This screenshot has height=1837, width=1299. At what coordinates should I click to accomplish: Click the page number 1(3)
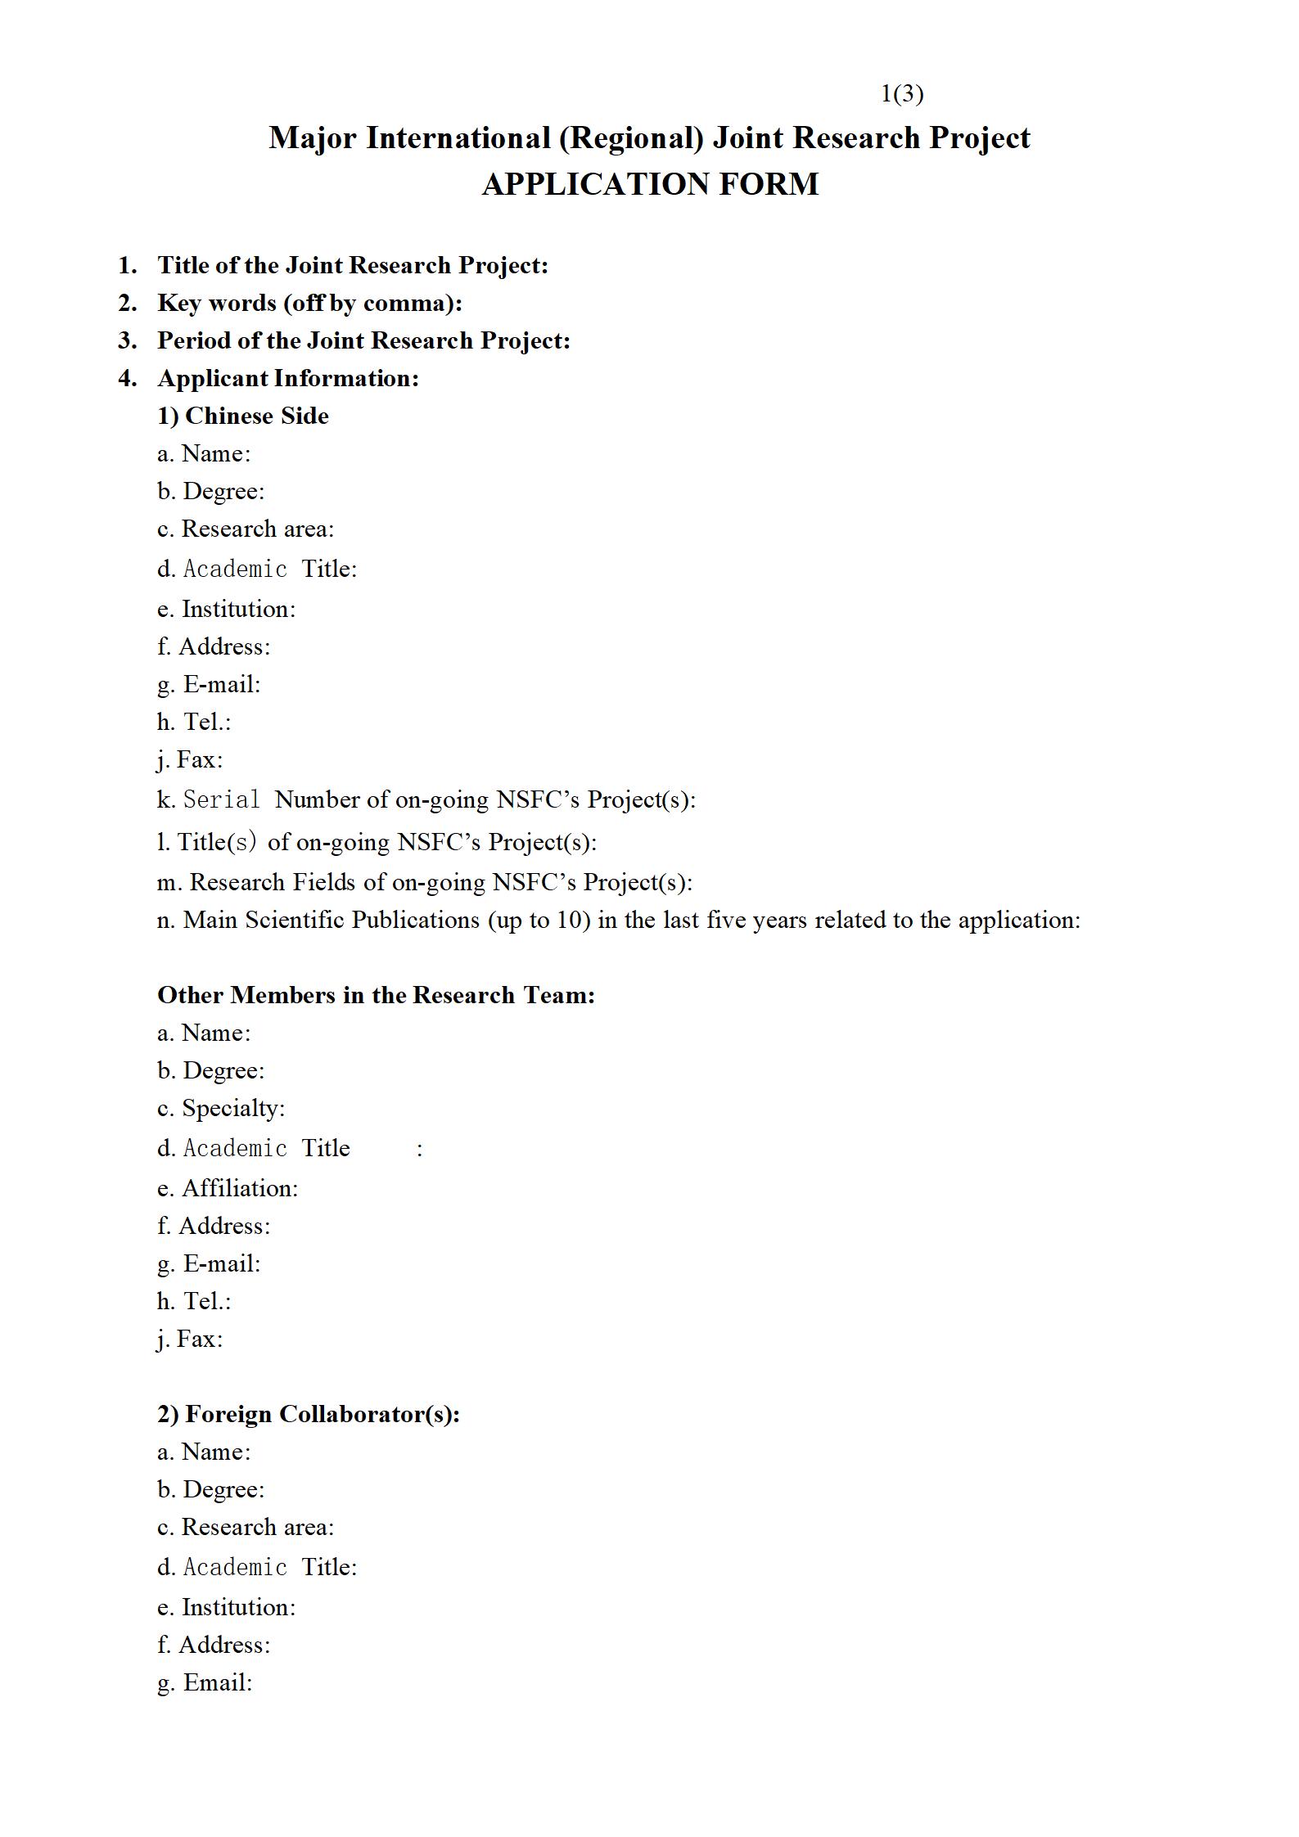[901, 94]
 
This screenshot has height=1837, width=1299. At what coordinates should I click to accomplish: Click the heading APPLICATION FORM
[650, 184]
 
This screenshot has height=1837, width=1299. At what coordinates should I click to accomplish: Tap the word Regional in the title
[631, 137]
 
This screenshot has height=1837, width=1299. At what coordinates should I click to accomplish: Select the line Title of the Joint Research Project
[352, 265]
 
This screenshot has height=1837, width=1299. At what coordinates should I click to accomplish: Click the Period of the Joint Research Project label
[363, 340]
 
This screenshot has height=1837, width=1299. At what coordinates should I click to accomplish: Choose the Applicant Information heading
[287, 378]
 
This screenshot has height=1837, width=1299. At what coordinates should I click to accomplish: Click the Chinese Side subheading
[243, 416]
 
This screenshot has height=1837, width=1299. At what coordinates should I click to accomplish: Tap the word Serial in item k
[221, 799]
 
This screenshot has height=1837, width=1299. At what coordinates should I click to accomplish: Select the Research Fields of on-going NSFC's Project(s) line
[425, 882]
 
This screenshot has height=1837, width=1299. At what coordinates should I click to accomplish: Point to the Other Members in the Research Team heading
[376, 995]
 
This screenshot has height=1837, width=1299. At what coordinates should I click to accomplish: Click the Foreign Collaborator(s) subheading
[309, 1414]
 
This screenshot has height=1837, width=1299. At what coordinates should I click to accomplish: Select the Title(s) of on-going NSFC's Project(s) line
[377, 842]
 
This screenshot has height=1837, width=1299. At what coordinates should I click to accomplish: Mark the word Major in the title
[313, 137]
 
